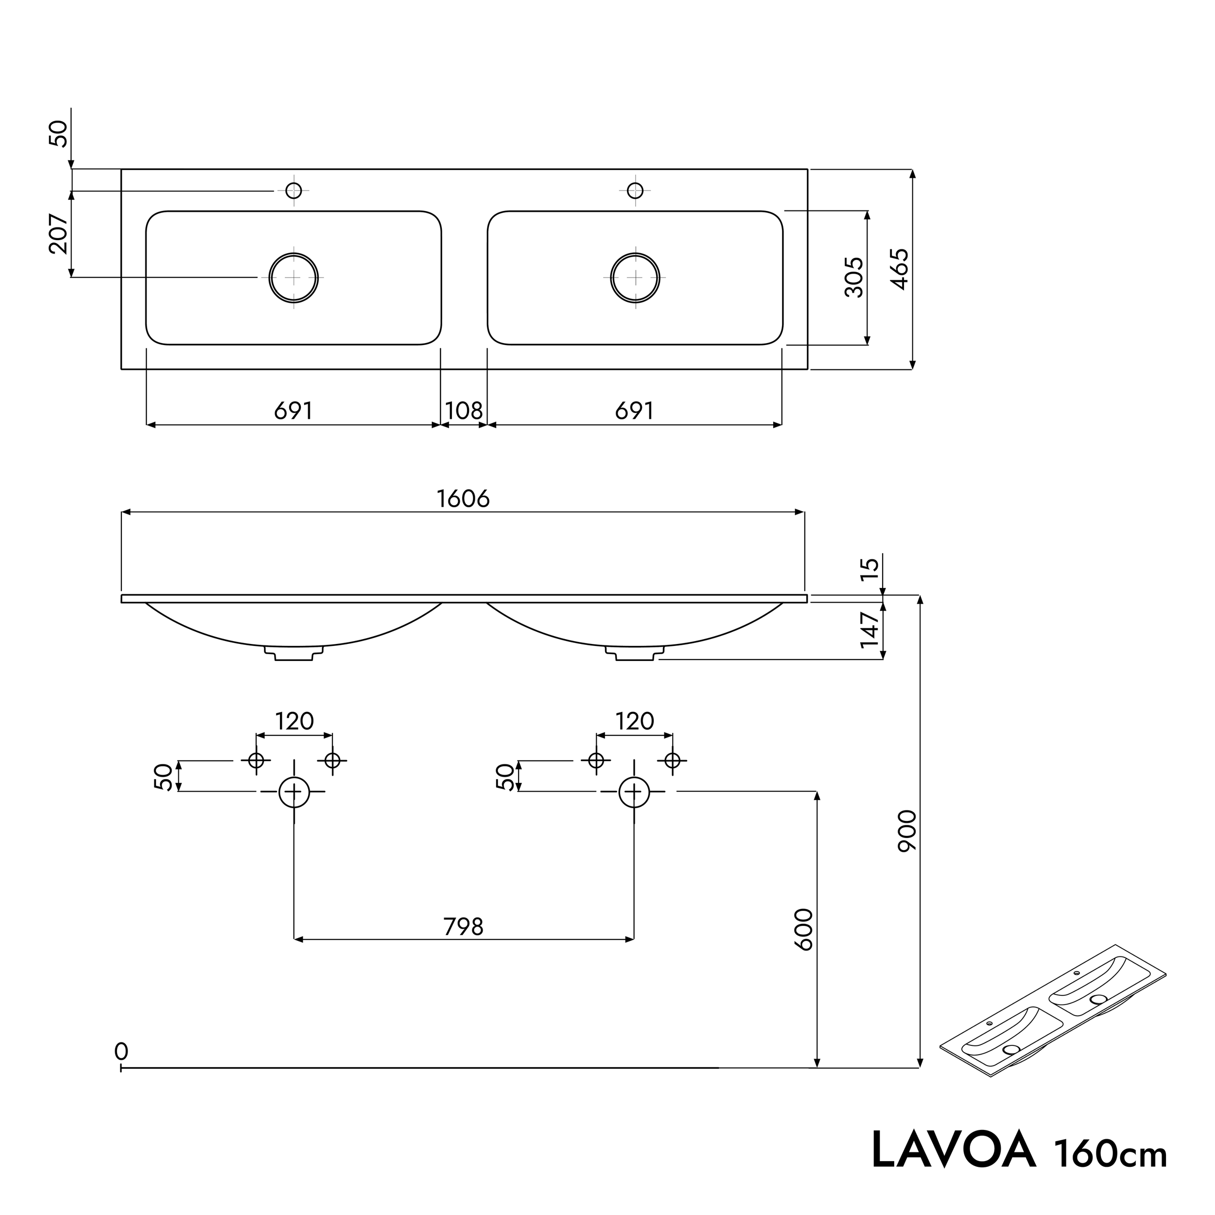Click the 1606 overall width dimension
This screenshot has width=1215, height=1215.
(x=463, y=499)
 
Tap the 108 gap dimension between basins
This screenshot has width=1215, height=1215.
(x=464, y=411)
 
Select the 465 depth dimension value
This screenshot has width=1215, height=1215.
(x=900, y=269)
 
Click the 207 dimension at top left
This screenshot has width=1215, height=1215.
(x=58, y=233)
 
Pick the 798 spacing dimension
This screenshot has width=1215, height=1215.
(x=464, y=927)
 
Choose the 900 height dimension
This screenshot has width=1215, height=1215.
(x=907, y=831)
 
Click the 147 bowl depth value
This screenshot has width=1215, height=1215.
(x=870, y=629)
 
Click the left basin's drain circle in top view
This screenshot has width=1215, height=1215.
(x=294, y=278)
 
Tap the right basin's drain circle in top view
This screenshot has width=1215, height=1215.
(x=635, y=278)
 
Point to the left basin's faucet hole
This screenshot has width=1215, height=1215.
(x=294, y=190)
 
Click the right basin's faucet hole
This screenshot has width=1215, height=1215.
(x=635, y=190)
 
